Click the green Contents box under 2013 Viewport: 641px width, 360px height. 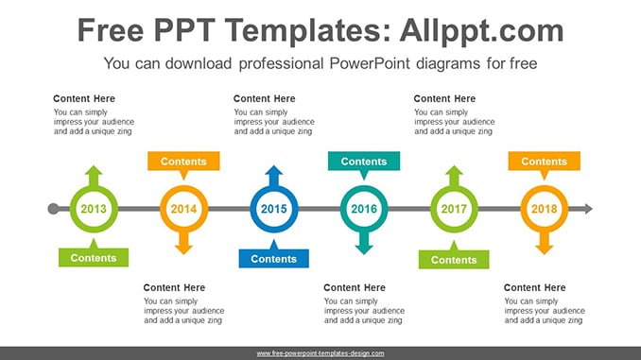[x=94, y=257]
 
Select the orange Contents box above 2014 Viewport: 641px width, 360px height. [x=183, y=161]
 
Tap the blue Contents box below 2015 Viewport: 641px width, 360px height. [x=274, y=258]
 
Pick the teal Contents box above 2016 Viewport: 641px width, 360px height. [x=364, y=161]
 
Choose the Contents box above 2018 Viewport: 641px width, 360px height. [x=545, y=161]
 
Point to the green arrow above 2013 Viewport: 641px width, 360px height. [x=94, y=176]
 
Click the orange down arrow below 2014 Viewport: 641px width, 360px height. [x=183, y=243]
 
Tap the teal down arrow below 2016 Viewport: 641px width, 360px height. [x=364, y=243]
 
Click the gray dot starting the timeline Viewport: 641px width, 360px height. [x=53, y=209]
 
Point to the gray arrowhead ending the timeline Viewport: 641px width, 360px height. [x=588, y=209]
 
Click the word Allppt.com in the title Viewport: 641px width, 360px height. [x=481, y=30]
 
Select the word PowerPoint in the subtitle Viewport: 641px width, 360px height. [x=369, y=63]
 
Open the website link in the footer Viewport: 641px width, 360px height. [x=320, y=353]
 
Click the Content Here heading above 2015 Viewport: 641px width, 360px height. [x=264, y=98]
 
